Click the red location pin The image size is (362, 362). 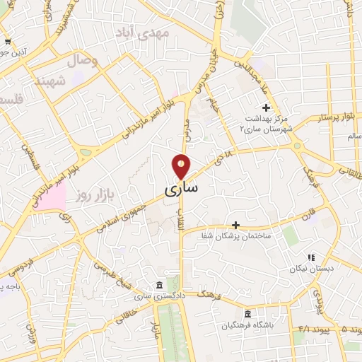pyautogui.click(x=182, y=166)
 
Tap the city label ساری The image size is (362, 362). pyautogui.click(x=182, y=189)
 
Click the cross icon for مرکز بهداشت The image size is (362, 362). pyautogui.click(x=266, y=107)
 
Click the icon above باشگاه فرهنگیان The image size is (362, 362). pyautogui.click(x=247, y=313)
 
